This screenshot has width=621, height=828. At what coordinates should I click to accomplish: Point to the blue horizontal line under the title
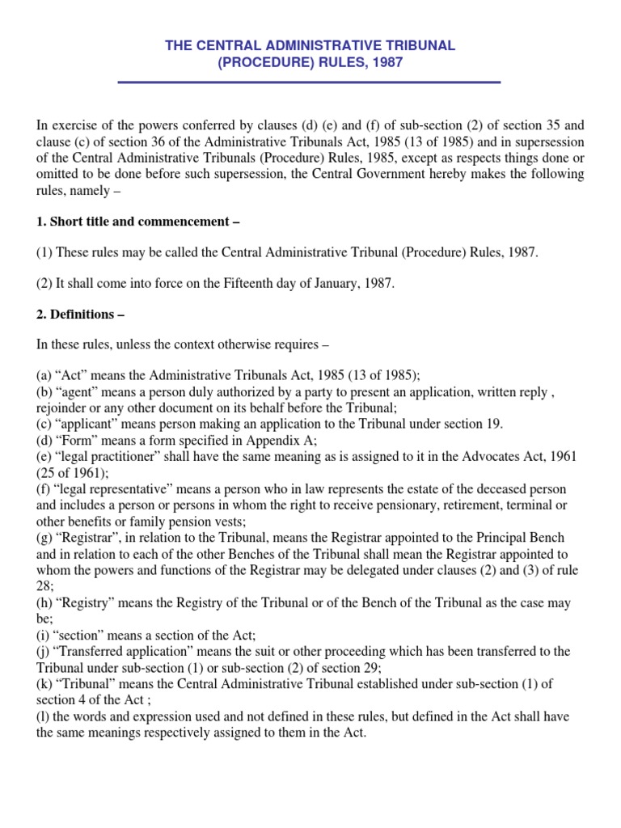(310, 82)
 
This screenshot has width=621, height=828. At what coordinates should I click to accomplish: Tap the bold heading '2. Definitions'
(80, 314)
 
